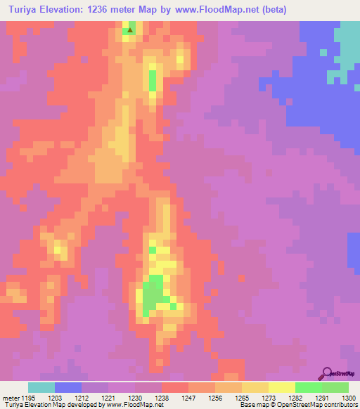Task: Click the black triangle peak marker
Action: [129, 30]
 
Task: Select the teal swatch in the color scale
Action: [41, 388]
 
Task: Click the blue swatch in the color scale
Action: [68, 388]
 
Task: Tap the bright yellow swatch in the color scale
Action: [281, 388]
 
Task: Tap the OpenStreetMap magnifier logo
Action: [327, 373]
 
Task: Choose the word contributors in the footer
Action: [340, 405]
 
